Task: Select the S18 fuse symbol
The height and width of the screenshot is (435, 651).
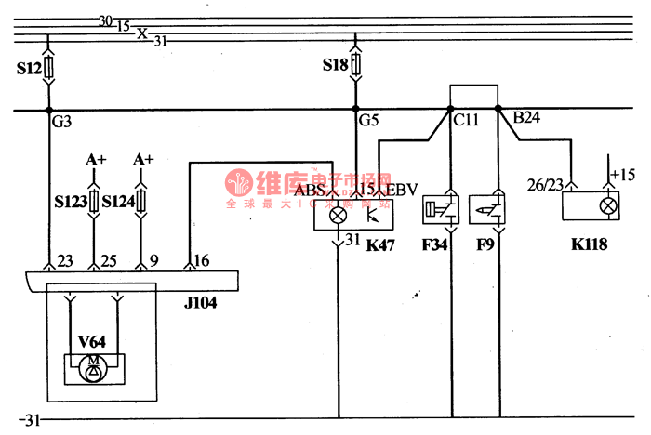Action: [x=354, y=67]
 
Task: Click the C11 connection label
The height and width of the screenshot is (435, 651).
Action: [x=466, y=118]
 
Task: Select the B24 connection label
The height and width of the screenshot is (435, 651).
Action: [x=526, y=118]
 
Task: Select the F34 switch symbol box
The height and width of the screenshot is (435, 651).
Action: [x=441, y=211]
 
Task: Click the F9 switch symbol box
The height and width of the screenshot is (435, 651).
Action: [x=488, y=211]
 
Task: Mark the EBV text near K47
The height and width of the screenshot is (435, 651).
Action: [x=402, y=190]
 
